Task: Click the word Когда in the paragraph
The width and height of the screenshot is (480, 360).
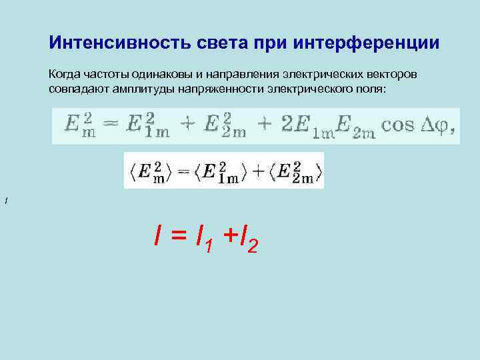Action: [x=63, y=73]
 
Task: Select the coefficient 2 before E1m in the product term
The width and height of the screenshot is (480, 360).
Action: [x=287, y=125]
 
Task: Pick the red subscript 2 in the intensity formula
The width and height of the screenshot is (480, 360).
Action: [x=252, y=247]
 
